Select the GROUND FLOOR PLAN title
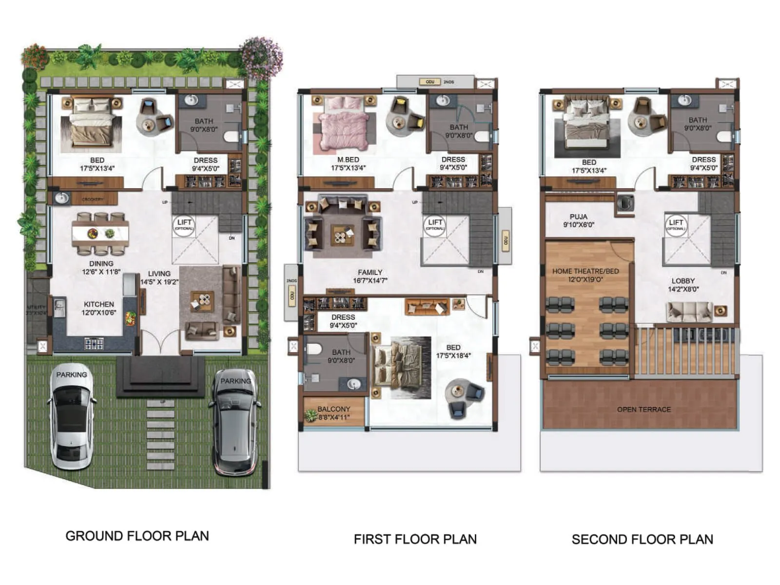137,536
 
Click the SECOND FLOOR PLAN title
642,539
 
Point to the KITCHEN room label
98,304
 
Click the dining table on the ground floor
100,234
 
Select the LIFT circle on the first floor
435,225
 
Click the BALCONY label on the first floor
334,409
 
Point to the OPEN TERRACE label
643,409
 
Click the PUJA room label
578,216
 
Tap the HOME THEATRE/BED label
585,271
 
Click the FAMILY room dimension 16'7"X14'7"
370,281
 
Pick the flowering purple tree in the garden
262,58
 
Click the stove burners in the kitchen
94,344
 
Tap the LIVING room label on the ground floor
159,273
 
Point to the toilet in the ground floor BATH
233,136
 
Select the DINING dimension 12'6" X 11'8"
101,272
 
